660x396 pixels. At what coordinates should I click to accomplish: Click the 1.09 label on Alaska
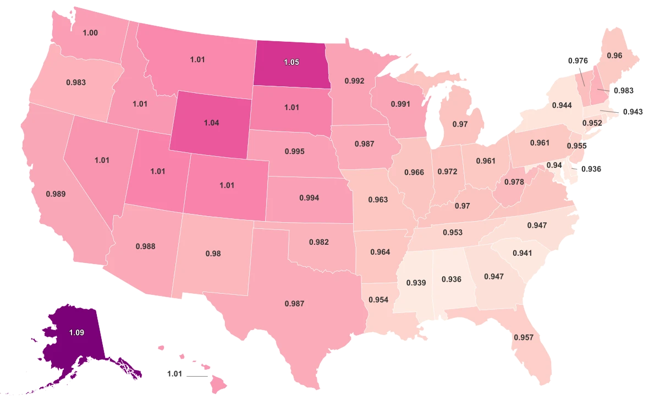(x=76, y=332)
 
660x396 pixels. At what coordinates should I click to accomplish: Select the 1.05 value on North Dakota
(x=291, y=63)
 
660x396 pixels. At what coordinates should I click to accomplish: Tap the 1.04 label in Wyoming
(x=211, y=123)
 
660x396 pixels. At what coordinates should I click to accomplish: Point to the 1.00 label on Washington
(x=90, y=33)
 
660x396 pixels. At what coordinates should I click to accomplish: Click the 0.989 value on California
(x=56, y=194)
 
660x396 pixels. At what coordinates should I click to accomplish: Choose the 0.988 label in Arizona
(x=146, y=246)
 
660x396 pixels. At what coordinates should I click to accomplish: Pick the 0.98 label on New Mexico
(x=213, y=254)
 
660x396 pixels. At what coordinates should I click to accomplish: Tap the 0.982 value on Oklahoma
(x=319, y=242)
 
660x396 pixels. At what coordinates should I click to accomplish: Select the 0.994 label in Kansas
(x=309, y=197)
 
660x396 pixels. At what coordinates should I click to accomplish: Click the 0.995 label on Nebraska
(x=295, y=151)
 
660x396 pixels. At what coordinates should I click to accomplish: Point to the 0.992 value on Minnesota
(x=355, y=81)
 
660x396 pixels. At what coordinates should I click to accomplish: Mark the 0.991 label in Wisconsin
(x=401, y=103)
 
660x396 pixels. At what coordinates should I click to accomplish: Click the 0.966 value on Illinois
(x=414, y=172)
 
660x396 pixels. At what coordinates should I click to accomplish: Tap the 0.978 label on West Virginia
(x=514, y=182)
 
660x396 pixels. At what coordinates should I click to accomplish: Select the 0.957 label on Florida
(x=523, y=337)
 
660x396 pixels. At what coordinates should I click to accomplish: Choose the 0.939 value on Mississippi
(x=416, y=283)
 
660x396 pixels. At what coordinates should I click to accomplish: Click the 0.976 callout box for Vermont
(x=577, y=61)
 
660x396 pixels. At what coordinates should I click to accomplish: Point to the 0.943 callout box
(x=632, y=112)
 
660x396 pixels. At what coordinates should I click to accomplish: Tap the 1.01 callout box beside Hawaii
(x=174, y=374)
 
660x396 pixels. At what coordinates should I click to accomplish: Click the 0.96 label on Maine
(x=614, y=56)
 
